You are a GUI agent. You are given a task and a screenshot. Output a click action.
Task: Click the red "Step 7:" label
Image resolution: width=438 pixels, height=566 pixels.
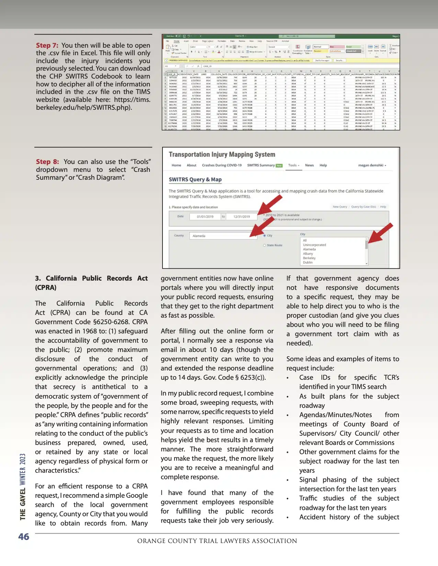[x=47, y=46]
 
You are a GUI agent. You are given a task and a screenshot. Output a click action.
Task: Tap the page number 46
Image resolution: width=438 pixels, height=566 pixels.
[x=24, y=537]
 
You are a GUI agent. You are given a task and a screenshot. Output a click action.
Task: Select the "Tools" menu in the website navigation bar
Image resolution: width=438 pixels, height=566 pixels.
[x=293, y=165]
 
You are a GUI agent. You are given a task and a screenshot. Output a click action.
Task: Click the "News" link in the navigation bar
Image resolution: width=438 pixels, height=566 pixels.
[x=309, y=165]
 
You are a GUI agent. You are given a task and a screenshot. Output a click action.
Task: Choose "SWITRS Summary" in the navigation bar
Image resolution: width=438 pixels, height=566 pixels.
[x=261, y=165]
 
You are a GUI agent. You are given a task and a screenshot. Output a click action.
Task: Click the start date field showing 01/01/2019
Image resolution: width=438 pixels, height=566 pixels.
[x=205, y=217]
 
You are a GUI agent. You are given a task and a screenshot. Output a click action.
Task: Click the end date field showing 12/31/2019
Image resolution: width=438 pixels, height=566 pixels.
[x=242, y=217]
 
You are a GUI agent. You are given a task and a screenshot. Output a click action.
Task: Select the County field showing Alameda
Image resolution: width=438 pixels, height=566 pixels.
[x=223, y=236]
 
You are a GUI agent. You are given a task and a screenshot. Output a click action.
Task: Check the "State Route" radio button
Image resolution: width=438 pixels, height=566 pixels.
[x=265, y=245]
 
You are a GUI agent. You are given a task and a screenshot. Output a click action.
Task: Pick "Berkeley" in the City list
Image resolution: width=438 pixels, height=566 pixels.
[x=309, y=258]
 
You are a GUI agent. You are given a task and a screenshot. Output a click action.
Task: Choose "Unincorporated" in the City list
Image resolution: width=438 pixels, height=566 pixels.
[x=314, y=245]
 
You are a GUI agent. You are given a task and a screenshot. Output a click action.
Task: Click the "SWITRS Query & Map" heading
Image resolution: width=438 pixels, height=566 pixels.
[x=195, y=179]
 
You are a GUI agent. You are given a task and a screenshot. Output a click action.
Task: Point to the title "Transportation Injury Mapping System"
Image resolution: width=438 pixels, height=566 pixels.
[x=222, y=155]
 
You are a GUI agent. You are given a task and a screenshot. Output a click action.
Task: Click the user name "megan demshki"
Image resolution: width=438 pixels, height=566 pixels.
[x=371, y=165]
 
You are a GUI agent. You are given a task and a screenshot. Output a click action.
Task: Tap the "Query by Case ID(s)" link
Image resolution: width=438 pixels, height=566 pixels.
[x=363, y=207]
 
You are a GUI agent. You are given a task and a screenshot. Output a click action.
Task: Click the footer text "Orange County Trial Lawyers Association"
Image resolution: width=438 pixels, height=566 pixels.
[x=217, y=541]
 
